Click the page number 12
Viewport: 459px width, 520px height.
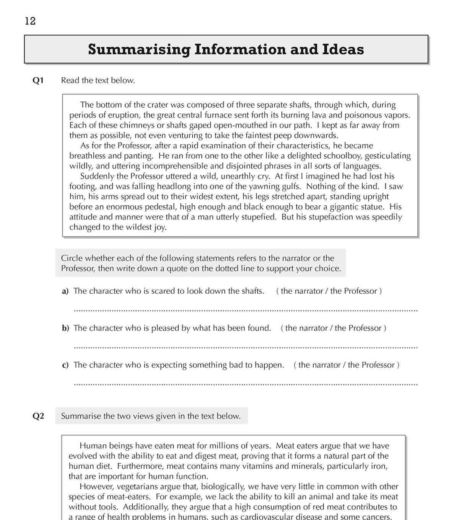30,21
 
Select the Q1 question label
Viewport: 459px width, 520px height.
38,80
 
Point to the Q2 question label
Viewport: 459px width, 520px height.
38,416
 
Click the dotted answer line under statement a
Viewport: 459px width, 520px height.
245,310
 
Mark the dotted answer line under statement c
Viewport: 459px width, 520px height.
245,384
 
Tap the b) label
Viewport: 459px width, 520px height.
65,328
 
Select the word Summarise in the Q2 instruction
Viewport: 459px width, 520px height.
81,416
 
